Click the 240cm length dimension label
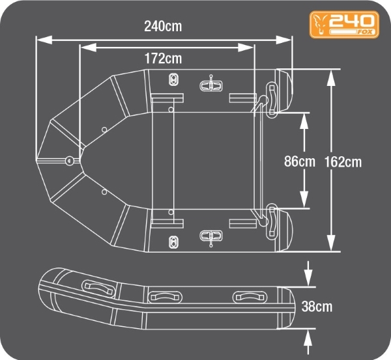[x=163, y=27]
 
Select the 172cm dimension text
[x=163, y=59]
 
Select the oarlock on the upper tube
[x=210, y=84]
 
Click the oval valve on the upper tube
[x=173, y=79]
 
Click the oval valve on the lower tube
[x=173, y=242]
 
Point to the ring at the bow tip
[x=69, y=160]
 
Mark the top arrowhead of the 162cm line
[x=332, y=73]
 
